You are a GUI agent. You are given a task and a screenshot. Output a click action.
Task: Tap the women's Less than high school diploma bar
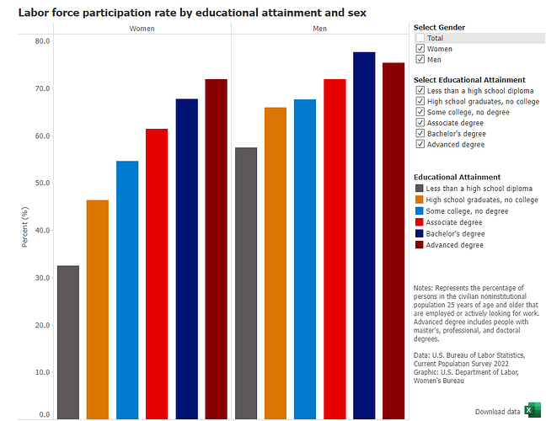[68, 342]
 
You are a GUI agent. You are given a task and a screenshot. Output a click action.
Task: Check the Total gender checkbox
[420, 38]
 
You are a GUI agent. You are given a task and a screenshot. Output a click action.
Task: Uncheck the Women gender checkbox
[420, 49]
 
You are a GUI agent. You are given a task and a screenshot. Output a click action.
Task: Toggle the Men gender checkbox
[420, 60]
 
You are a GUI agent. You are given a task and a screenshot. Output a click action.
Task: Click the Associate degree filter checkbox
[420, 123]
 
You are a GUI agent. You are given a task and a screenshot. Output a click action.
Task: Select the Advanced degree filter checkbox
[420, 145]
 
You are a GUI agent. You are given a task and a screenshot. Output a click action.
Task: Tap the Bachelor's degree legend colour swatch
[420, 233]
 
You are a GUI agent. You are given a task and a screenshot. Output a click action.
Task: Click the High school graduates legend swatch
[420, 200]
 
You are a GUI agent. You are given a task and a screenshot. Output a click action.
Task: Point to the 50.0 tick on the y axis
[41, 183]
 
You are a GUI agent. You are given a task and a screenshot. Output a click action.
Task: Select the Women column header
[141, 29]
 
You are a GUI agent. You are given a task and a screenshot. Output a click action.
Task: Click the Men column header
[319, 29]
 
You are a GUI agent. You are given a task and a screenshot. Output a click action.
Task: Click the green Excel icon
[532, 411]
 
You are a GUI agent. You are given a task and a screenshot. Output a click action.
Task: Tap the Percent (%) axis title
[24, 226]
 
